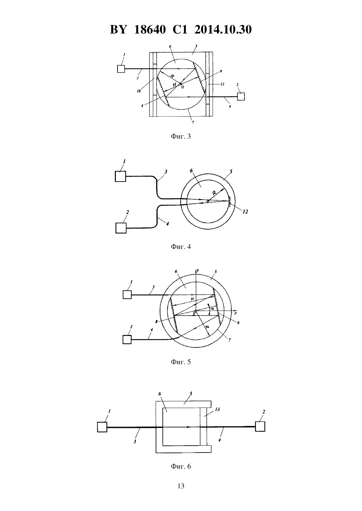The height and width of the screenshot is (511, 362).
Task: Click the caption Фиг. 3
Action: tap(181, 136)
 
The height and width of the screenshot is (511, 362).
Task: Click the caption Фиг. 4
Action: tap(181, 247)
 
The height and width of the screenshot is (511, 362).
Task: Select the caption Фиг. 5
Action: tap(181, 362)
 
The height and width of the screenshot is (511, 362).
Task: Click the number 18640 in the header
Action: tap(150, 30)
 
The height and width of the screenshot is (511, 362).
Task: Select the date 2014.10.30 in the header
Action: tap(223, 30)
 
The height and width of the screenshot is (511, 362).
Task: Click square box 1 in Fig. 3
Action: tap(121, 69)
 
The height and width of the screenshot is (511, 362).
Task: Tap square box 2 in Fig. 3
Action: tap(241, 97)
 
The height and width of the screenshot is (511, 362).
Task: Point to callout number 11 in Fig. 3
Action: tap(222, 84)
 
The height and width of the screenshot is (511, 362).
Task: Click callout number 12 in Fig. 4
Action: tap(245, 212)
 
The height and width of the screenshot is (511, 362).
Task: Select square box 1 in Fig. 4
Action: tap(120, 176)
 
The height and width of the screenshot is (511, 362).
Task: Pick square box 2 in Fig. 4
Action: tap(121, 228)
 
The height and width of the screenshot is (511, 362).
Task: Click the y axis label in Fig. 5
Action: tap(198, 271)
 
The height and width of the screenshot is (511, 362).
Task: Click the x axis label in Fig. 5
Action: tap(235, 313)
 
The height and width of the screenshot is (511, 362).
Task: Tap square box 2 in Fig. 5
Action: tap(127, 340)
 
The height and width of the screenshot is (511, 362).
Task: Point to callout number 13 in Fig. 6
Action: tap(217, 410)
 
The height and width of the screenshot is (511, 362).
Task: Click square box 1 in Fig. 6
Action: tap(102, 427)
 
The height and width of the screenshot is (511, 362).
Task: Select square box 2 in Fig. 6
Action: tap(260, 426)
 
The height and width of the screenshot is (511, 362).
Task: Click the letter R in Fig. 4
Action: tap(214, 193)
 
